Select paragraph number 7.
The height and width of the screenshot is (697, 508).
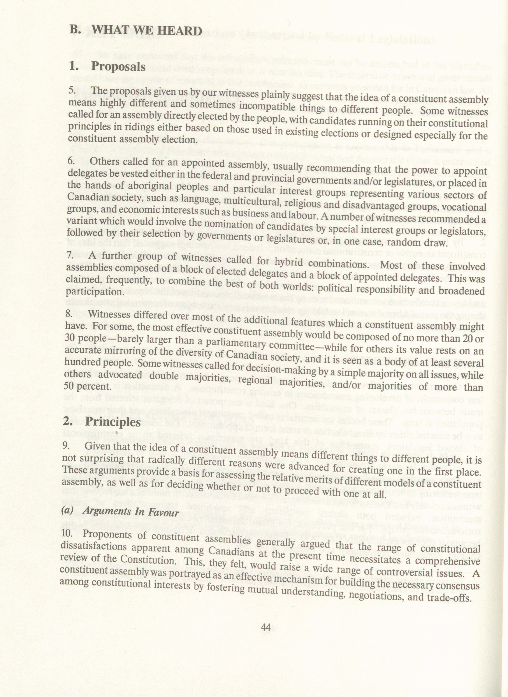tap(70, 254)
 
